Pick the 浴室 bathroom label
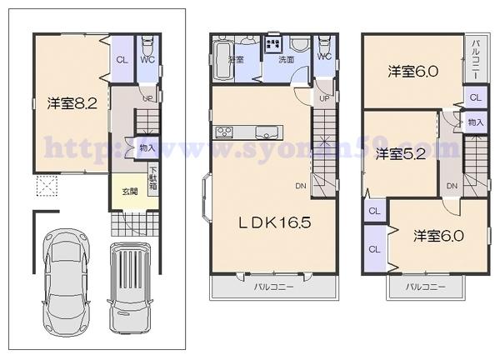coord(236,60)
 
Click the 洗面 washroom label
coord(286,60)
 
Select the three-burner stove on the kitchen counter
coord(224,132)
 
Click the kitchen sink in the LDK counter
coord(266,132)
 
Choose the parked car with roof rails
coord(131,286)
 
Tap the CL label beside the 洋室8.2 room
coord(122,59)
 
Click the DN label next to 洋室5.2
coord(451,185)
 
